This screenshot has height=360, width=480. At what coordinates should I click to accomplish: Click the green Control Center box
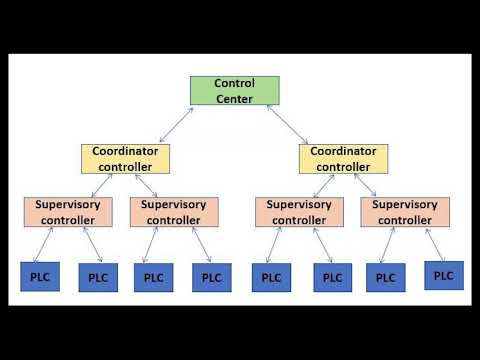click(x=235, y=90)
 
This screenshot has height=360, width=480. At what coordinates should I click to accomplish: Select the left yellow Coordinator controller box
click(x=126, y=158)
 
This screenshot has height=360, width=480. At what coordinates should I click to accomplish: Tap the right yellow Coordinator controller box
click(x=343, y=158)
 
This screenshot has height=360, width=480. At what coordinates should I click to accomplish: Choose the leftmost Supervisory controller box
click(x=68, y=211)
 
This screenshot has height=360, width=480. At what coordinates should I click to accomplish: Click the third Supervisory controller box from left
click(x=299, y=211)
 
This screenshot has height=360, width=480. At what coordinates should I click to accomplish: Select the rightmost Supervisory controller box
click(x=405, y=211)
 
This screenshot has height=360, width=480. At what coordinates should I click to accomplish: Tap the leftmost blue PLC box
click(x=40, y=275)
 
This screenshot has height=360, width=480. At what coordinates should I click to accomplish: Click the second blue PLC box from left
click(x=97, y=276)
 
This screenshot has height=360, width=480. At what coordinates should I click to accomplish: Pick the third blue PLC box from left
click(x=153, y=276)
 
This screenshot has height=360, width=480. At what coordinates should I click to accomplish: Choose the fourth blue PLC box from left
click(x=211, y=276)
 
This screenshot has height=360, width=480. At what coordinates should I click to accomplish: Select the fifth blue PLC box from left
click(x=271, y=276)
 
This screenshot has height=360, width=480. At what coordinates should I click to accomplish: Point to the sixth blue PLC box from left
click(x=333, y=276)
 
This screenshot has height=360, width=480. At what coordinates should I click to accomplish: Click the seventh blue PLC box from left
click(x=385, y=276)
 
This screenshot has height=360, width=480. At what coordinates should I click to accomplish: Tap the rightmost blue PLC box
click(x=444, y=274)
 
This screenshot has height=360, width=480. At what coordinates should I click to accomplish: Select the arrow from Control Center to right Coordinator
click(x=290, y=125)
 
